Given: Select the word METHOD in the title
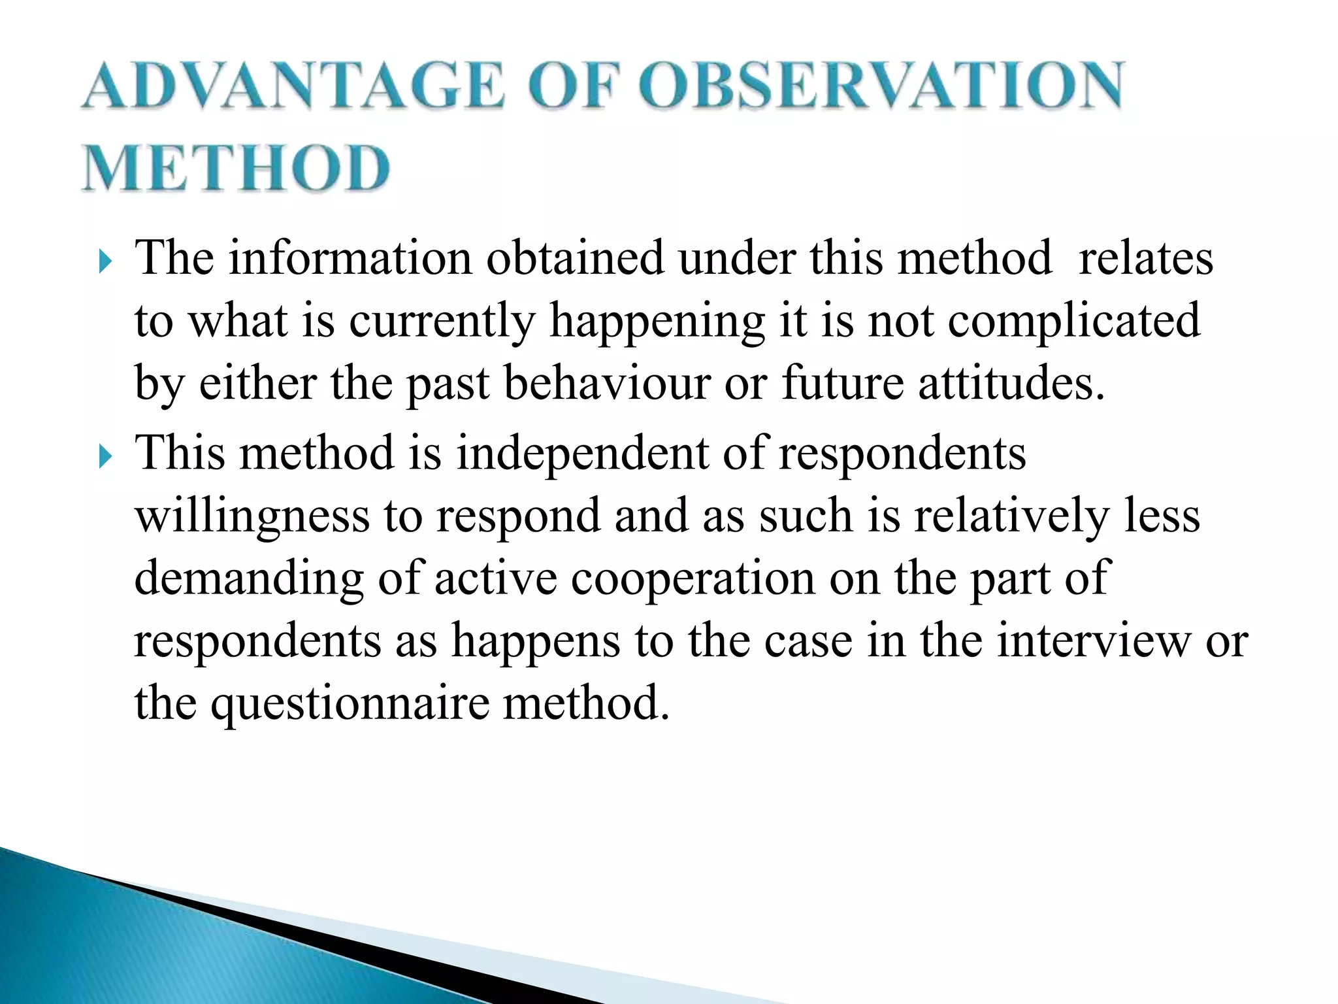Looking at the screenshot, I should pyautogui.click(x=237, y=169).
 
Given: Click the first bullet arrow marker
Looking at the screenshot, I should pyautogui.click(x=106, y=263).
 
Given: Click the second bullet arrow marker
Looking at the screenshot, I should pyautogui.click(x=106, y=458).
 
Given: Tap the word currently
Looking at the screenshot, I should pyautogui.click(x=442, y=322).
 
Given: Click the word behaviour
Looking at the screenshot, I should pyautogui.click(x=607, y=384).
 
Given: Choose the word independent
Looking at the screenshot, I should pyautogui.click(x=582, y=454).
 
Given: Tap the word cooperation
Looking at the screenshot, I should pyautogui.click(x=693, y=578).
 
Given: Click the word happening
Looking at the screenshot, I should pyautogui.click(x=657, y=322).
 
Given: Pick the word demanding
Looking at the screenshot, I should pyautogui.click(x=249, y=578).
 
